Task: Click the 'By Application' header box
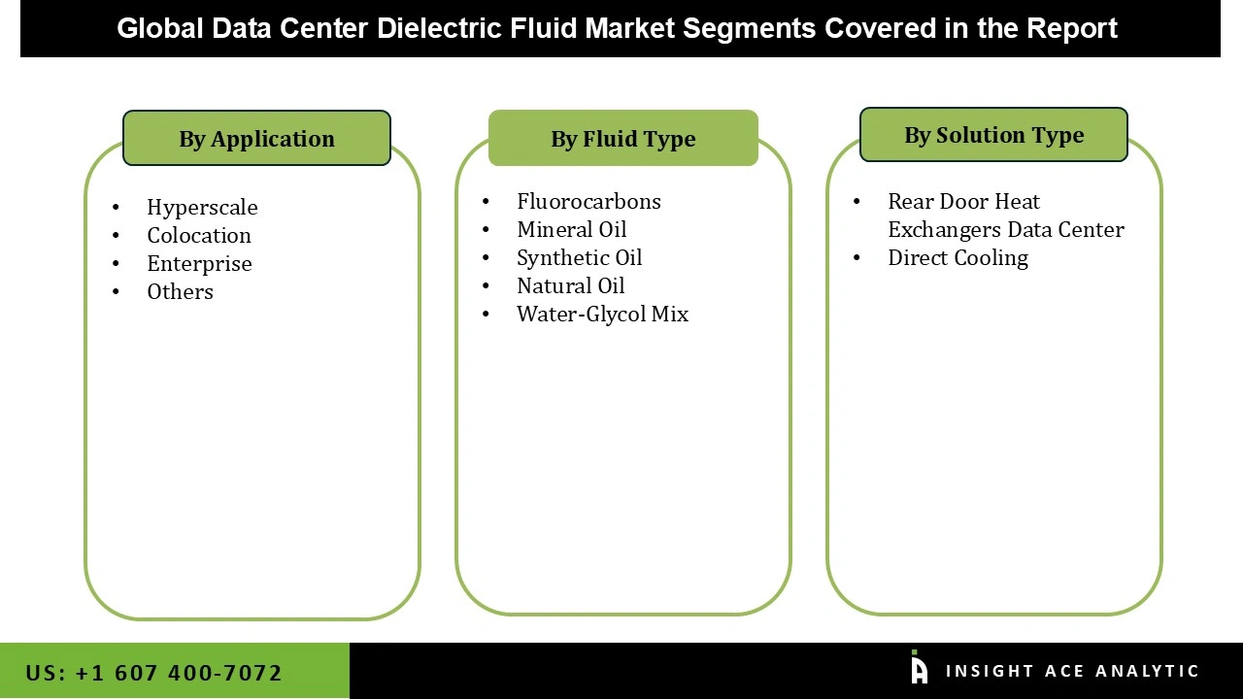[x=256, y=139]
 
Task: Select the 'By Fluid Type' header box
[x=622, y=139]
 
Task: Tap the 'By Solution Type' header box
[x=993, y=135]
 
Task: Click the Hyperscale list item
[x=202, y=207]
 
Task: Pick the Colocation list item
[x=199, y=235]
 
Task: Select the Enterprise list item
[x=199, y=263]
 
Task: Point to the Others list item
[x=180, y=291]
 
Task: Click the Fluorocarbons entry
[x=588, y=201]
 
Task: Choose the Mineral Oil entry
[x=571, y=229]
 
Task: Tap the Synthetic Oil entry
[x=579, y=257]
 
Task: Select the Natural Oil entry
[x=570, y=285]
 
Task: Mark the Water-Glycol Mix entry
[x=602, y=314]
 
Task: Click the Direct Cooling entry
[x=957, y=257]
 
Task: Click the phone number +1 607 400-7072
[x=178, y=673]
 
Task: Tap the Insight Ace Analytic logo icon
[x=919, y=668]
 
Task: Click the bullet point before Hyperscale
[x=117, y=207]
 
